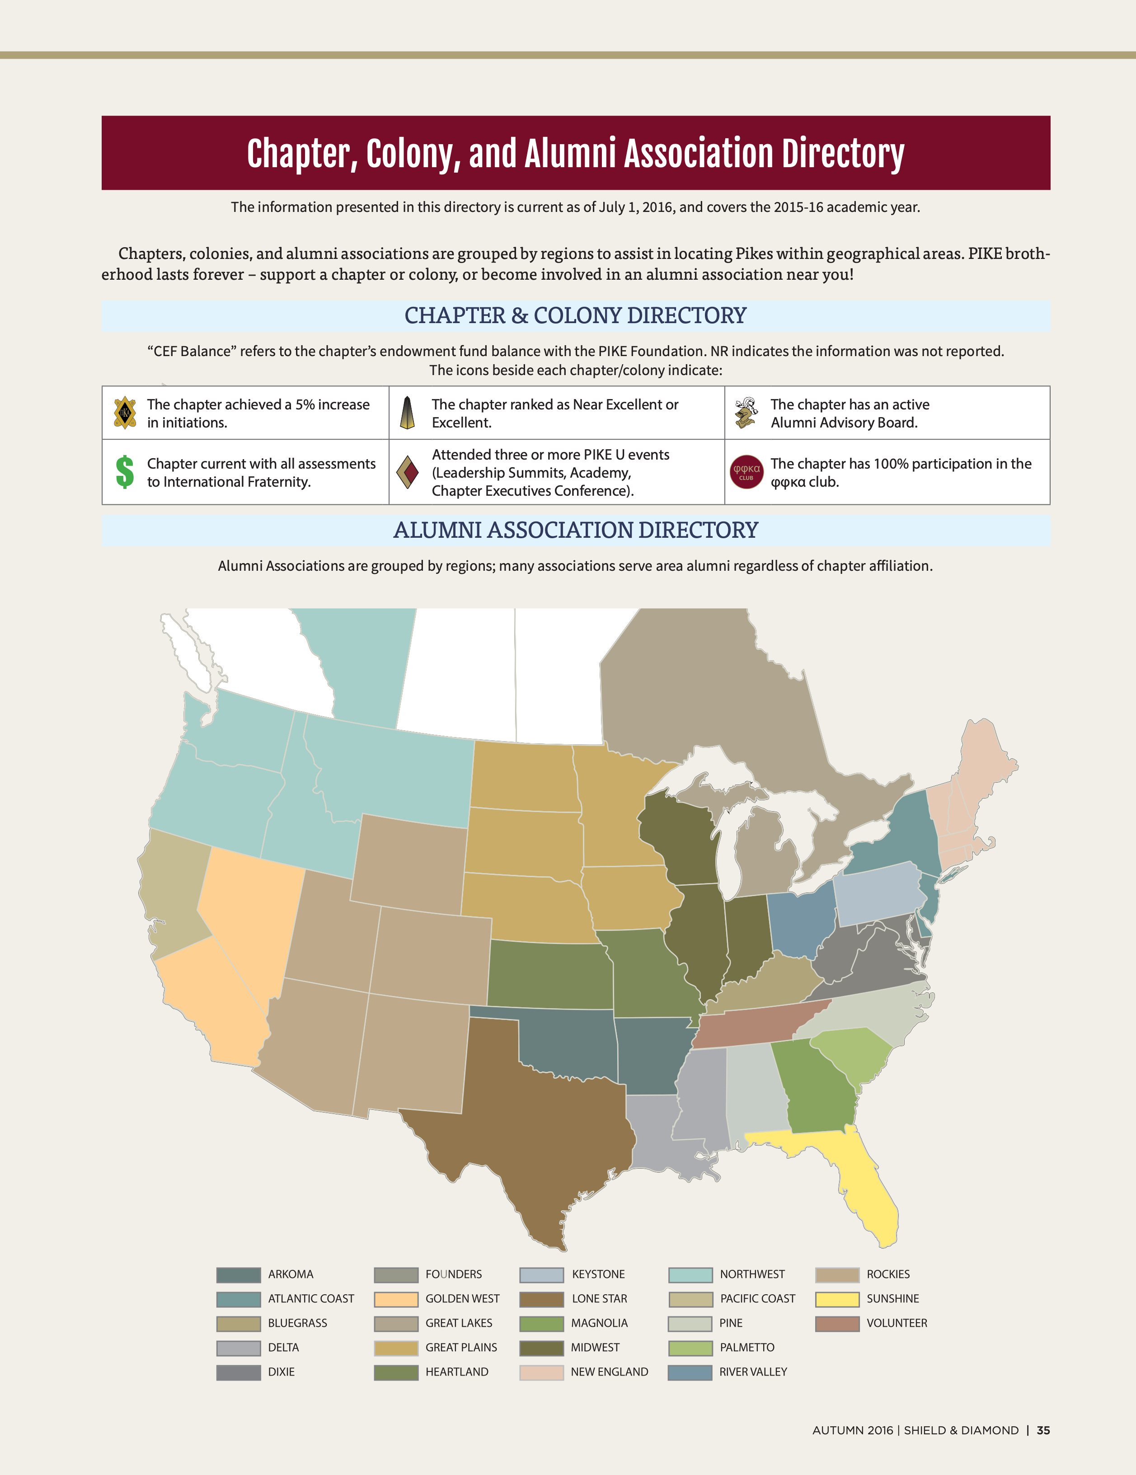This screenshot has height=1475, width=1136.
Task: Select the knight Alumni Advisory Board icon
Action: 746,413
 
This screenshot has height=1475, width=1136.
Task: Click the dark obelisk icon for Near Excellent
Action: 407,413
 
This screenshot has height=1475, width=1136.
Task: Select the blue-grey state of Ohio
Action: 800,922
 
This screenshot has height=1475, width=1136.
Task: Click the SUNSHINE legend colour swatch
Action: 837,1299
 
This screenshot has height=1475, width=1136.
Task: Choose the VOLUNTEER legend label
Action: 896,1323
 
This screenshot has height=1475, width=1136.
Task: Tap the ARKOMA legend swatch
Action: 239,1274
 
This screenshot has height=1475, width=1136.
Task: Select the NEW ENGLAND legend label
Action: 609,1372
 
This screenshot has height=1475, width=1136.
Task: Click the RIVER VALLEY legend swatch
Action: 690,1372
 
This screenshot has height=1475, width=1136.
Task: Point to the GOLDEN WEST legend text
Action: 462,1299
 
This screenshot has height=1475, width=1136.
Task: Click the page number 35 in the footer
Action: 1043,1430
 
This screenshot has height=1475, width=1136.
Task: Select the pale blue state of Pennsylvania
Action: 878,895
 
